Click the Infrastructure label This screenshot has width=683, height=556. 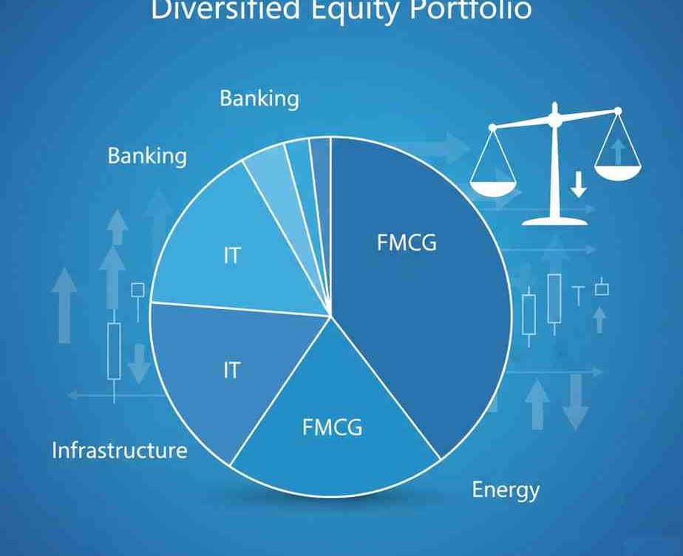[x=120, y=450]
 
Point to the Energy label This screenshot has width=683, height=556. [x=506, y=489]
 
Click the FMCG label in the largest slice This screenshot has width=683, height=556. [x=407, y=243]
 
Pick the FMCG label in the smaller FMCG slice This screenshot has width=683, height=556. [x=333, y=427]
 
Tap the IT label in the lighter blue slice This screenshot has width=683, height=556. [x=232, y=257]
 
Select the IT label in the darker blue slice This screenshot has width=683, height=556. [x=232, y=370]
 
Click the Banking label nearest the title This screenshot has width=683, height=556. [x=259, y=98]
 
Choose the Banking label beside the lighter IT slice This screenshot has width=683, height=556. [x=147, y=156]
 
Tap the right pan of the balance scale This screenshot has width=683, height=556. [x=619, y=173]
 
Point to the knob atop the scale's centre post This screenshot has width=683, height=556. [x=554, y=108]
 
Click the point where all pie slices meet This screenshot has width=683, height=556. [x=330, y=316]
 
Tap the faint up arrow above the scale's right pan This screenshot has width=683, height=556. [x=618, y=152]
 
